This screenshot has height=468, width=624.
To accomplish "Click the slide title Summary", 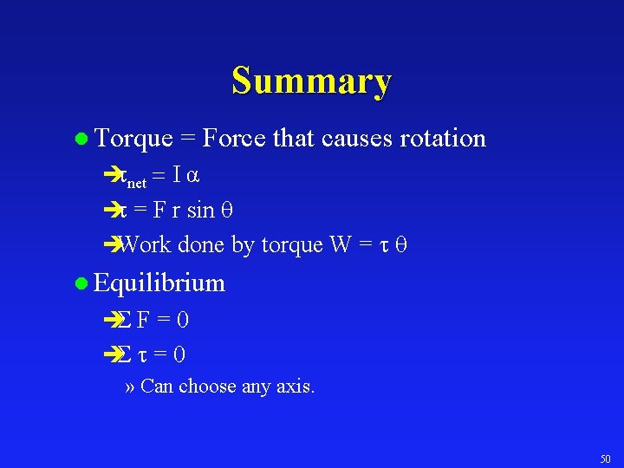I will (x=311, y=81).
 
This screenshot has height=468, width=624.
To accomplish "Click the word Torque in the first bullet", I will (x=132, y=138).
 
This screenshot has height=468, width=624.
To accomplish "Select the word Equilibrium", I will (x=159, y=283).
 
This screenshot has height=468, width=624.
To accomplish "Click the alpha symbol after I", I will (x=194, y=175).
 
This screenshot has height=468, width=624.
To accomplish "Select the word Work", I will (x=146, y=245).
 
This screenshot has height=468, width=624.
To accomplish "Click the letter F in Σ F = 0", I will (x=142, y=320).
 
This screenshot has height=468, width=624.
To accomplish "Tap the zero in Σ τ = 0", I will (x=179, y=354).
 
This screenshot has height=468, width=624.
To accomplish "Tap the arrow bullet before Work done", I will (x=109, y=245).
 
